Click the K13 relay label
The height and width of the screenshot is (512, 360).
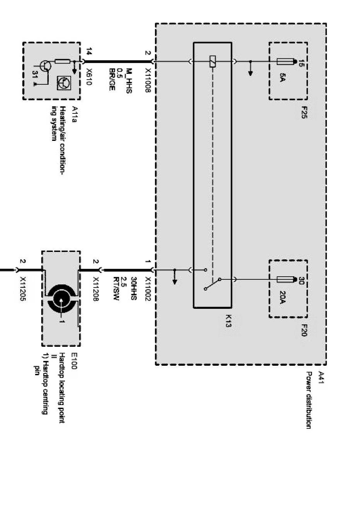[228, 321]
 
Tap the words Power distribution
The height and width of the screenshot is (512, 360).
[309, 400]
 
